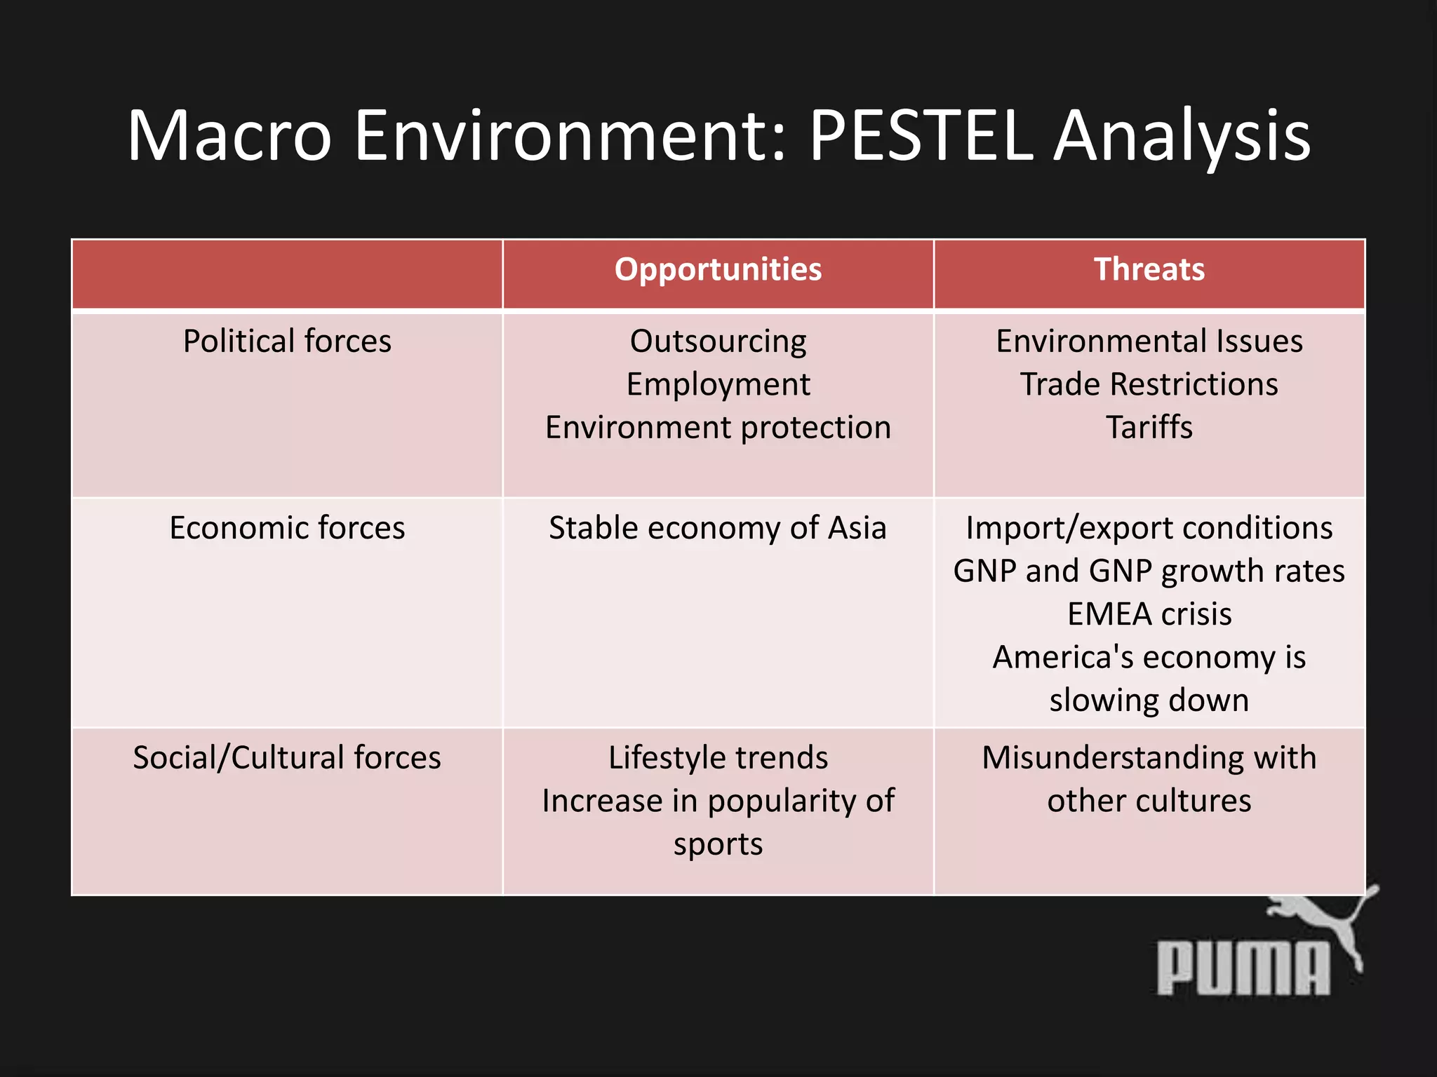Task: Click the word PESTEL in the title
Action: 921,135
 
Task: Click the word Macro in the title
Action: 229,135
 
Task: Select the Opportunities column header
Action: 718,270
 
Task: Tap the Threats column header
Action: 1149,270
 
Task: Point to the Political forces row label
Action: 287,341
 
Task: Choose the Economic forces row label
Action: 287,528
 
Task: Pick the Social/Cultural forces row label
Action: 287,758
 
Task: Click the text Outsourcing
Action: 718,341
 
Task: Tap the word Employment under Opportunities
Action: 718,385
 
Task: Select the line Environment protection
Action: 718,428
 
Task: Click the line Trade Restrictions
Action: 1149,385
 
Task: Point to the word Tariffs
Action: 1149,428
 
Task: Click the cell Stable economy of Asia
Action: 718,528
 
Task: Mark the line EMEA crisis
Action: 1149,614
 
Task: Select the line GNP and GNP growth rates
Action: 1149,571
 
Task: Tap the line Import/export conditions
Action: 1149,528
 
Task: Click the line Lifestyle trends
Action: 718,758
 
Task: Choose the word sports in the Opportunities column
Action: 718,844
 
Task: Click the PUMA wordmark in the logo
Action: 1242,969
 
